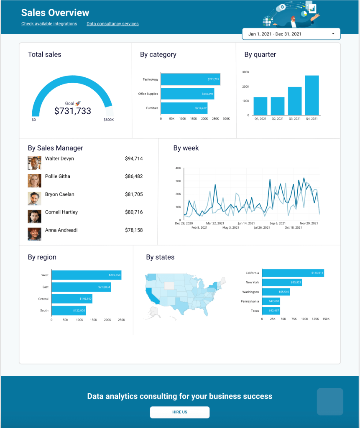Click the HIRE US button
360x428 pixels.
pos(179,412)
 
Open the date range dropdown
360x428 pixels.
pos(291,34)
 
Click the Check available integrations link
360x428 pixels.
pos(49,24)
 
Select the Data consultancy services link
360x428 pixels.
pos(112,24)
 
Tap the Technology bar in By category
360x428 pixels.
pos(190,79)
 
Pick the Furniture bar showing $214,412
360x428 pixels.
pos(184,108)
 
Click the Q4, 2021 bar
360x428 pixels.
pos(312,95)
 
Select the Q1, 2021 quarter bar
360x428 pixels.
pos(260,106)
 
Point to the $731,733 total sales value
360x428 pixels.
pos(73,111)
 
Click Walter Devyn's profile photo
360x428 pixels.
pos(34,163)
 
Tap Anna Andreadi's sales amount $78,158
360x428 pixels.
pos(134,230)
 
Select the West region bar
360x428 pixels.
pos(86,275)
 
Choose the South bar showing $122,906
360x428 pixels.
pos(69,311)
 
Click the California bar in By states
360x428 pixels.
pos(293,273)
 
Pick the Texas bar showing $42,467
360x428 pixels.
pos(271,311)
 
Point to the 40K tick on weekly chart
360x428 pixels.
pos(178,168)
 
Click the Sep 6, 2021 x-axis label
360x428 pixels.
pos(278,223)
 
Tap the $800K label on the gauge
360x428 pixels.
pos(109,120)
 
